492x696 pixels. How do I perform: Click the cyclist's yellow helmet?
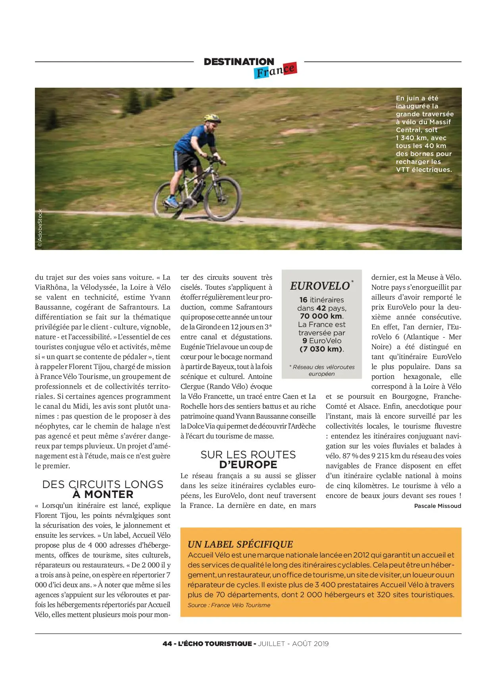click(212, 118)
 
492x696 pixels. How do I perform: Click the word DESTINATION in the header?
click(239, 62)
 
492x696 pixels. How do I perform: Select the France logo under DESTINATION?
click(275, 71)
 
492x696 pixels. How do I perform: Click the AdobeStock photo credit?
click(40, 228)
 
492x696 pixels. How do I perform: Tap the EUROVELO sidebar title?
click(320, 286)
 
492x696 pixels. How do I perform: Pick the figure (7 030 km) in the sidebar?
click(322, 349)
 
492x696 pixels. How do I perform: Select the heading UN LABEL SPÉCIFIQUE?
click(240, 544)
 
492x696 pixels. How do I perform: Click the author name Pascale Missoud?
click(437, 506)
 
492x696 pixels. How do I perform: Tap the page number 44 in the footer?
click(167, 644)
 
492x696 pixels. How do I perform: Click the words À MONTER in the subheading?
click(103, 494)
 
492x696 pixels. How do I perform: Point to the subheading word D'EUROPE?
click(248, 465)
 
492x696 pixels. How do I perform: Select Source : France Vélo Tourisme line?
click(229, 605)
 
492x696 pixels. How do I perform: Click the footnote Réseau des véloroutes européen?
click(322, 370)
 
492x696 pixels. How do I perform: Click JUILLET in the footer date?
click(271, 644)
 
